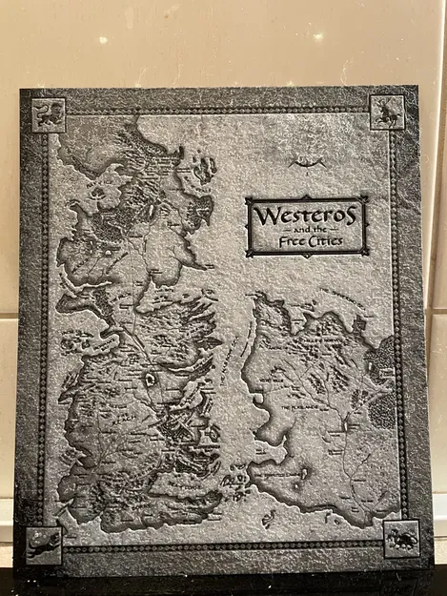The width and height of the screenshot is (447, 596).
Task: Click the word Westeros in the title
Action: pyautogui.click(x=306, y=215)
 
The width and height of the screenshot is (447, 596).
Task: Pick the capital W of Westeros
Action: pyautogui.click(x=262, y=215)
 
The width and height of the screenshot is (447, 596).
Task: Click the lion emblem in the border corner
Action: pyautogui.click(x=48, y=114)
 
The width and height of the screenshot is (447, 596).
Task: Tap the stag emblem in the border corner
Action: pyautogui.click(x=387, y=112)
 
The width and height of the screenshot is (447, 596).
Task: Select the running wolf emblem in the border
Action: pyautogui.click(x=43, y=544)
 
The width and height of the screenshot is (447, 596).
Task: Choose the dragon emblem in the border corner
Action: pyautogui.click(x=400, y=539)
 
